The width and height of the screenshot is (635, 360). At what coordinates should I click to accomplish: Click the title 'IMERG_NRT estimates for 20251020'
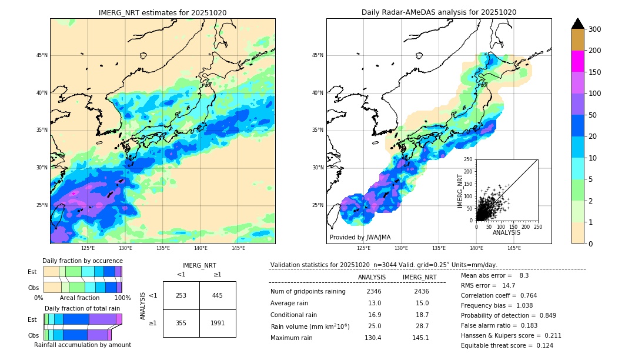click(162, 12)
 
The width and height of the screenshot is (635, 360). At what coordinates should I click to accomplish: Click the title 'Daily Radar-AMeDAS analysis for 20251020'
click(439, 12)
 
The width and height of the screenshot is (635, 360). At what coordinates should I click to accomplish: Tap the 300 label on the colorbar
click(594, 29)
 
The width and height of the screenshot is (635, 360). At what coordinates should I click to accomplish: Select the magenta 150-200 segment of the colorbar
click(577, 61)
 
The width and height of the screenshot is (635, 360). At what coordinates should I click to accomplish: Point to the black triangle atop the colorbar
click(577, 24)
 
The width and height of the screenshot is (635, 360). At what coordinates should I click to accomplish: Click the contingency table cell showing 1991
click(218, 323)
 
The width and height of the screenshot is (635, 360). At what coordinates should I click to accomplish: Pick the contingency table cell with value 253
click(181, 295)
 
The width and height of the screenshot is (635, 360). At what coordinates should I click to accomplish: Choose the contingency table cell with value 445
click(218, 295)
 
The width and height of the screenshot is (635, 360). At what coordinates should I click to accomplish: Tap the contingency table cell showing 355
click(181, 323)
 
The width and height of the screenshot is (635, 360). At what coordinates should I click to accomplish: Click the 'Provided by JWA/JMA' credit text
click(360, 238)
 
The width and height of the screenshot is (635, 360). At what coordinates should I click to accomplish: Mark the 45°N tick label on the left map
click(42, 55)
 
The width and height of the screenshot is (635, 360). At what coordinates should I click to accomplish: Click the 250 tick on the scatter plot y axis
click(469, 159)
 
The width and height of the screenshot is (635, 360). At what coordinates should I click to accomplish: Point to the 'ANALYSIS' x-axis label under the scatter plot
click(506, 232)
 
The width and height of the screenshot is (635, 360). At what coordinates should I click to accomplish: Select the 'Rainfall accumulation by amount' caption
click(82, 345)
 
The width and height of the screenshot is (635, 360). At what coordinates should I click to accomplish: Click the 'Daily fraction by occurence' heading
click(82, 261)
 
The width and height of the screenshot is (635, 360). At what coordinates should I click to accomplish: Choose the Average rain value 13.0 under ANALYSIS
click(375, 303)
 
